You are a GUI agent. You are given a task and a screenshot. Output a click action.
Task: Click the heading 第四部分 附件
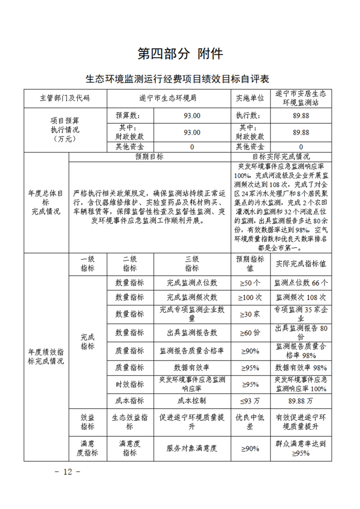(180, 54)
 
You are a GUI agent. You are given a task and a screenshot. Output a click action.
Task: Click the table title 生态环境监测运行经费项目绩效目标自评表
(178, 79)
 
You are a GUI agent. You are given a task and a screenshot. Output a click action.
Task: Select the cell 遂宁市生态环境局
(168, 98)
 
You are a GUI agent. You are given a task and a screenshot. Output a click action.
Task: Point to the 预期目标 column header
(149, 157)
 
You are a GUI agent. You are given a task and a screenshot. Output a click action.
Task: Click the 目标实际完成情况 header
(281, 157)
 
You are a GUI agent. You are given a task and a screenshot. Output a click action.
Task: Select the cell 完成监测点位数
(192, 283)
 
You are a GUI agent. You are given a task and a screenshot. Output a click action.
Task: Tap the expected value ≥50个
(250, 283)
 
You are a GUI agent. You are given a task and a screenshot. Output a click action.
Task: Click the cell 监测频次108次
(301, 298)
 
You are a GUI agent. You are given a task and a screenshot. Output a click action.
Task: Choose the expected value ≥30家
(250, 313)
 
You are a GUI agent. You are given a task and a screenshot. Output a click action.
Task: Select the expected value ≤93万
(250, 401)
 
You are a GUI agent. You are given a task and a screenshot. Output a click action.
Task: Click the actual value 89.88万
(301, 401)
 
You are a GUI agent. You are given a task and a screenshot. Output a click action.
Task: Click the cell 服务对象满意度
(192, 448)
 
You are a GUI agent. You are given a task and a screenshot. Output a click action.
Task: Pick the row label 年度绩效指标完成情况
(46, 357)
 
